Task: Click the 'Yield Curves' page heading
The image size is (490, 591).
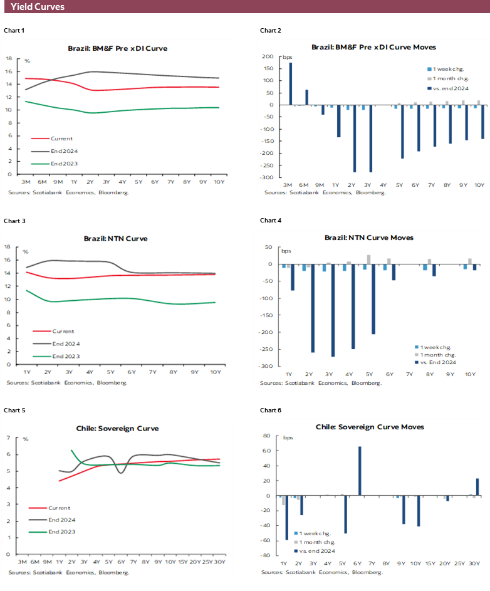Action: (38, 7)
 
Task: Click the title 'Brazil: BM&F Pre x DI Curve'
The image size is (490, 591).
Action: (117, 48)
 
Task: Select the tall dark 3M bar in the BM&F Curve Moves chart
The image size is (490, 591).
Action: (290, 83)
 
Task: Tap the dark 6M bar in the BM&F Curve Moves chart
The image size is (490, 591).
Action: (306, 97)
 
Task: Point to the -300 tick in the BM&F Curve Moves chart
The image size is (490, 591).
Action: (268, 177)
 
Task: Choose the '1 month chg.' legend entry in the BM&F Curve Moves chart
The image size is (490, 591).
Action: (446, 78)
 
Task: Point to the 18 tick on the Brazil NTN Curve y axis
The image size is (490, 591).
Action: (8, 247)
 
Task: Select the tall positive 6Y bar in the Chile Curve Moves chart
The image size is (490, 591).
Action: (360, 471)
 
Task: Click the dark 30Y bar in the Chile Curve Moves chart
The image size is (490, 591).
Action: (477, 487)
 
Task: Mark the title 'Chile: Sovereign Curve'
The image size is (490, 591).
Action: (117, 429)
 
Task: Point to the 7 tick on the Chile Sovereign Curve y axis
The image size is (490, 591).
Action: (8, 437)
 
